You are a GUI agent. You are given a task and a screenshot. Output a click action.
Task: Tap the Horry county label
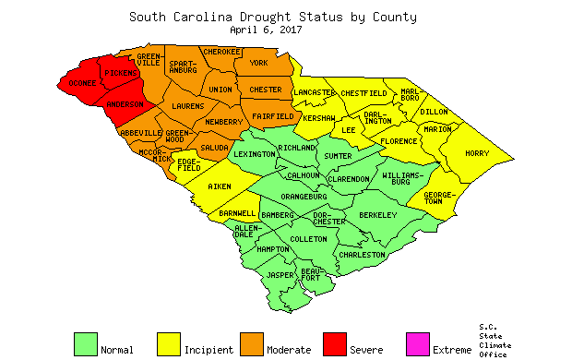click(x=476, y=153)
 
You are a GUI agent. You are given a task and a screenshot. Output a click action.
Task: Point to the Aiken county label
click(x=220, y=186)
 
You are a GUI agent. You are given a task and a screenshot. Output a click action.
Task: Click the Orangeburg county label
click(x=305, y=196)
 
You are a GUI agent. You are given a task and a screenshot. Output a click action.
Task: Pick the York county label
click(x=258, y=64)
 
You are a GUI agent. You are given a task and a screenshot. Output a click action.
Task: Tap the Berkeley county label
click(x=377, y=215)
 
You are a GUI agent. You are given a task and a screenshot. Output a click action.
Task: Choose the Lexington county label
click(x=255, y=154)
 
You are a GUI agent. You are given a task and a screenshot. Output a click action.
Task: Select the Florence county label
click(x=399, y=141)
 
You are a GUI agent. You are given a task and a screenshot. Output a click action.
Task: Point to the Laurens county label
click(x=187, y=106)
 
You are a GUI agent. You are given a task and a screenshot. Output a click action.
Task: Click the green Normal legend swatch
click(x=86, y=343)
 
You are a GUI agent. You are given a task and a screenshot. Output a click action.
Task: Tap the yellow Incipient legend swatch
click(x=169, y=343)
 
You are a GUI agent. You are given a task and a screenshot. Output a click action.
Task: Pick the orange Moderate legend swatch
click(x=252, y=343)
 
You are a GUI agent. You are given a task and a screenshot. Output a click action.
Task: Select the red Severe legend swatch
click(x=335, y=343)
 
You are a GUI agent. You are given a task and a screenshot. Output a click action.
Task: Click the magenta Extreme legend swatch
click(x=418, y=343)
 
